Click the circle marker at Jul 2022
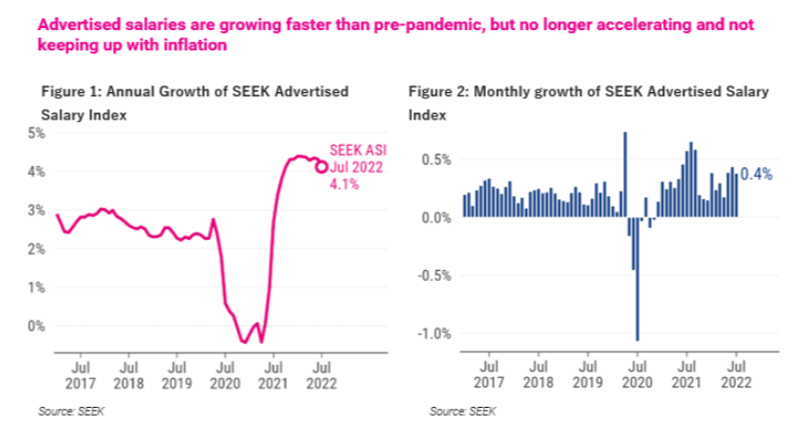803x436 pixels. click(322, 166)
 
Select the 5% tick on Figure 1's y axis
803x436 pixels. click(36, 132)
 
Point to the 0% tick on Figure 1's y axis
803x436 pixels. click(36, 326)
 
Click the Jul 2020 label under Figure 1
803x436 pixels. click(227, 377)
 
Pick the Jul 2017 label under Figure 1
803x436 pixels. click(83, 377)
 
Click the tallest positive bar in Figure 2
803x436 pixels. click(625, 174)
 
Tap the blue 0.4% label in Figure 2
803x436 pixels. click(756, 175)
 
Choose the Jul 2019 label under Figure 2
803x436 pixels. click(585, 377)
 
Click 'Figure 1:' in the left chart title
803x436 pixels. click(70, 93)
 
